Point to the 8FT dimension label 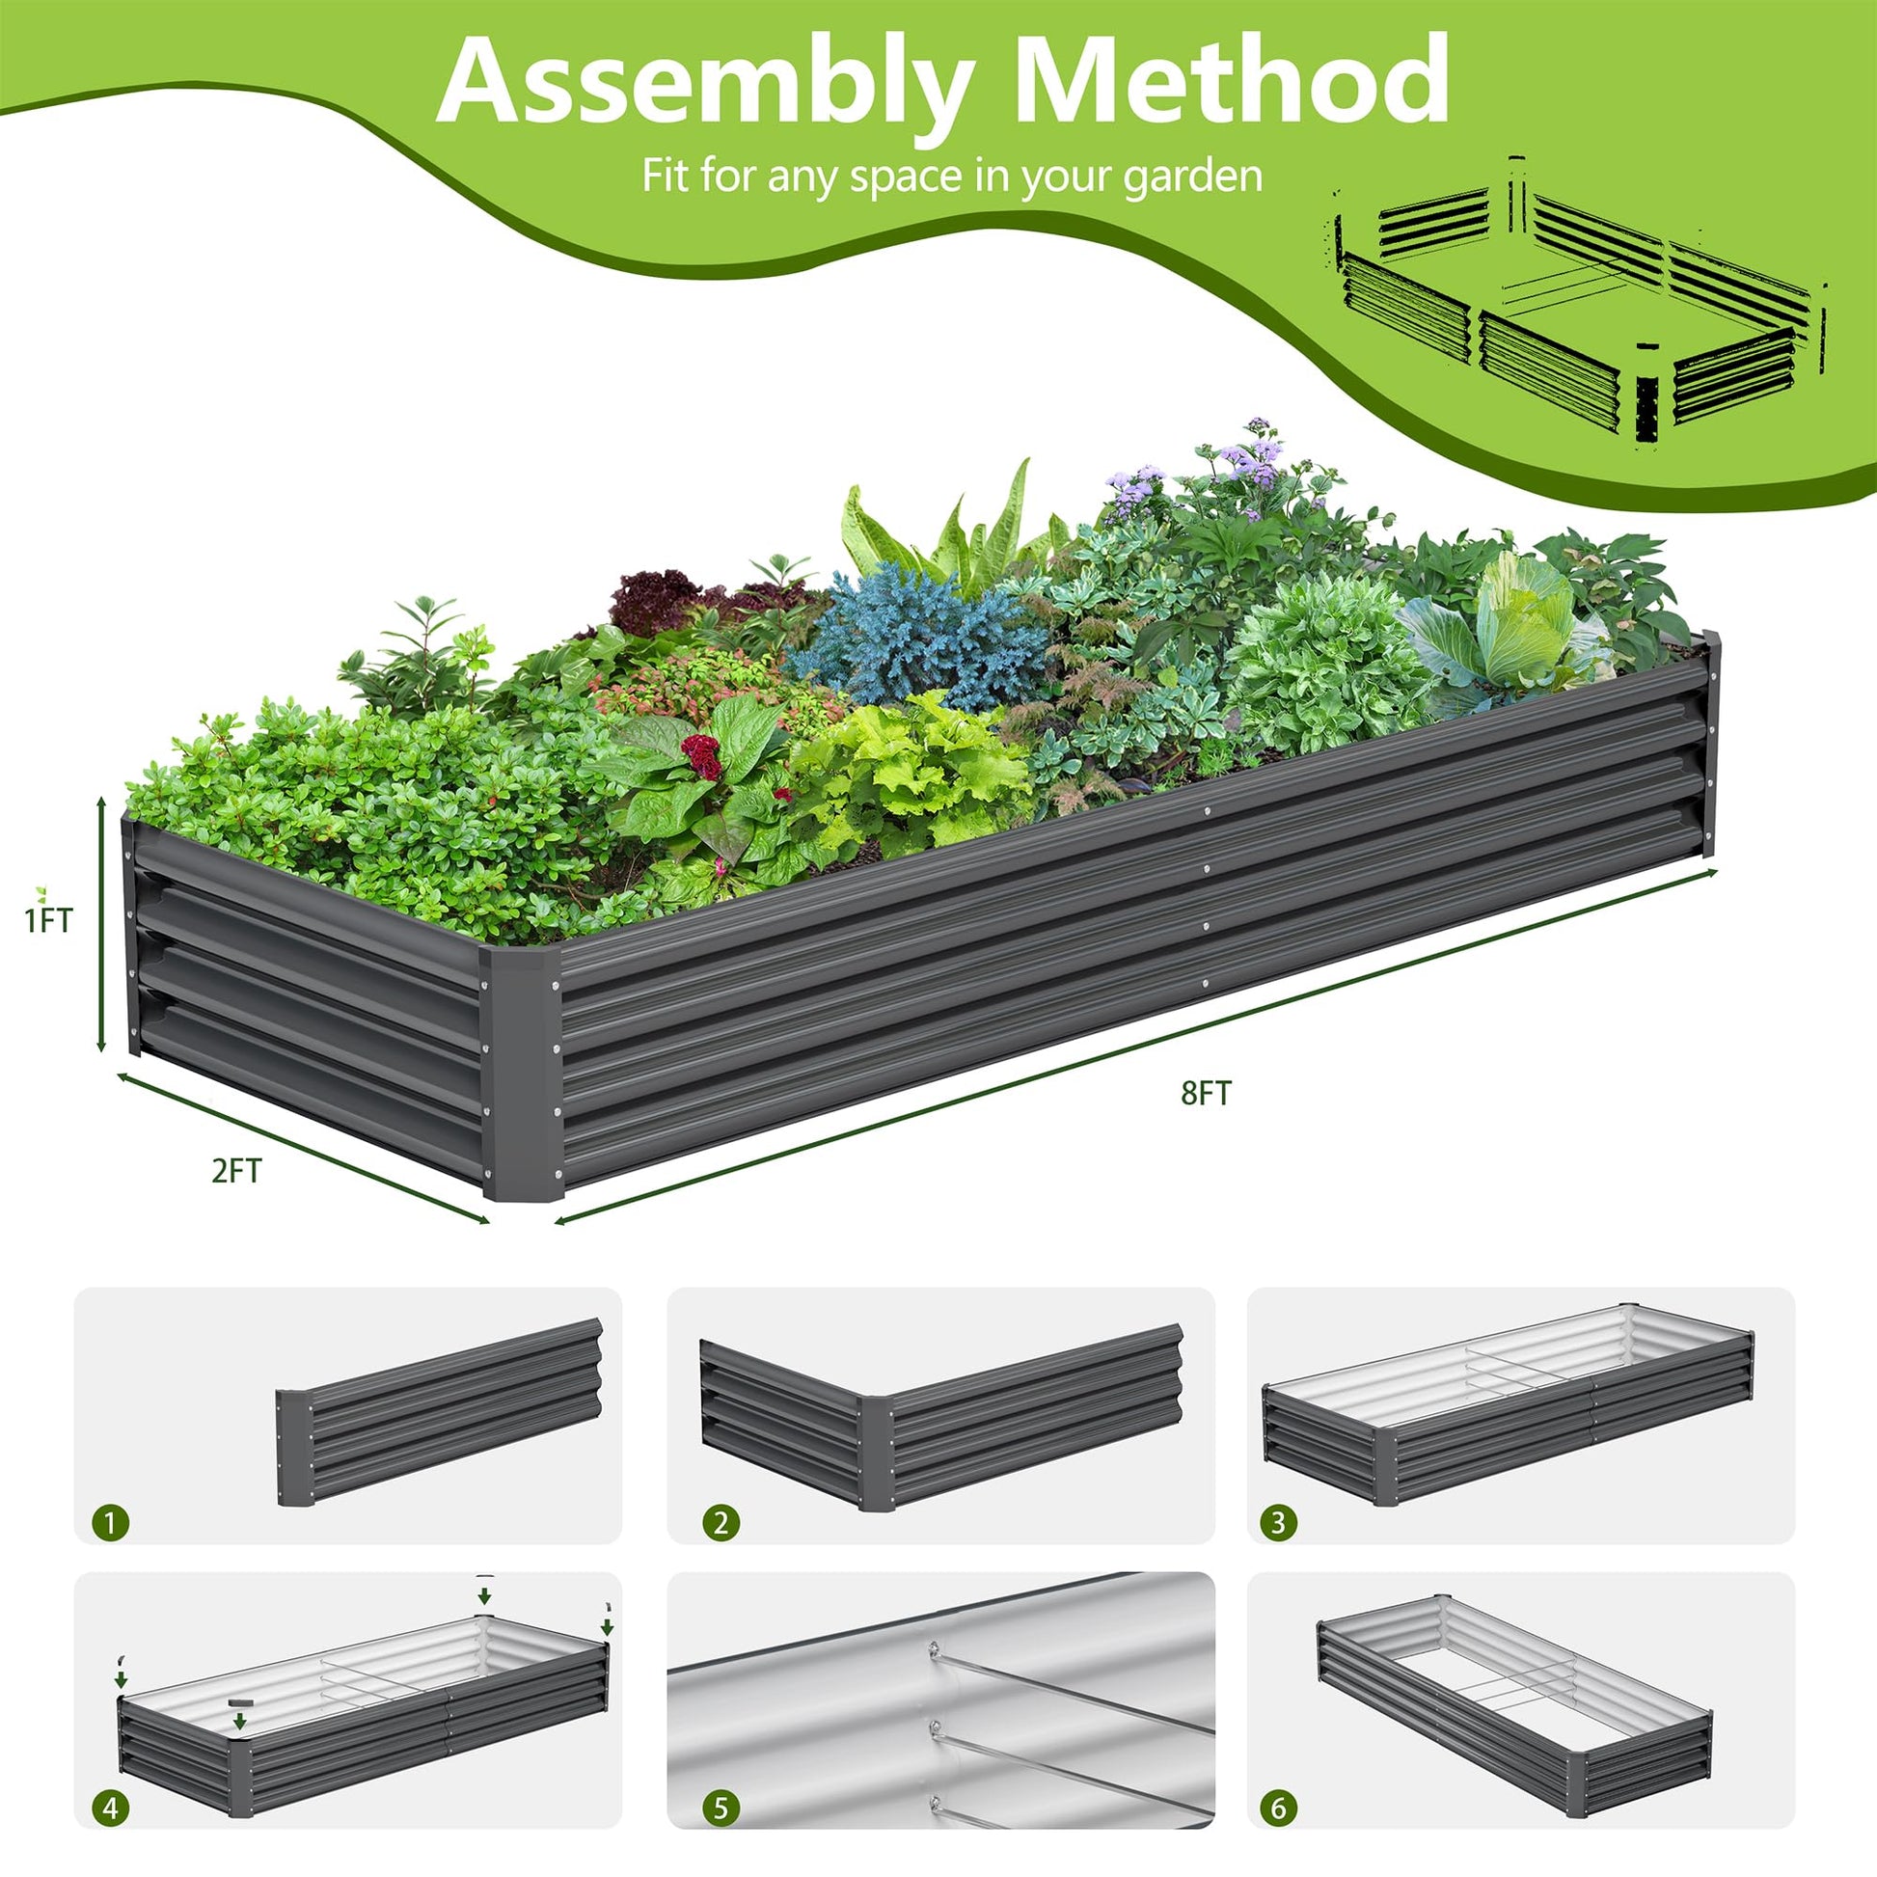point(1207,1093)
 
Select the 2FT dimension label point(236,1171)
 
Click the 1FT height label point(48,920)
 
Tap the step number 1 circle point(111,1521)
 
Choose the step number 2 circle point(720,1521)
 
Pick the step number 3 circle point(1279,1521)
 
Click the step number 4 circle point(111,1809)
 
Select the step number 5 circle point(720,1809)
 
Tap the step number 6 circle point(1279,1809)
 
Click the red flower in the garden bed point(701,757)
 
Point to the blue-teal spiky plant point(918,637)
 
